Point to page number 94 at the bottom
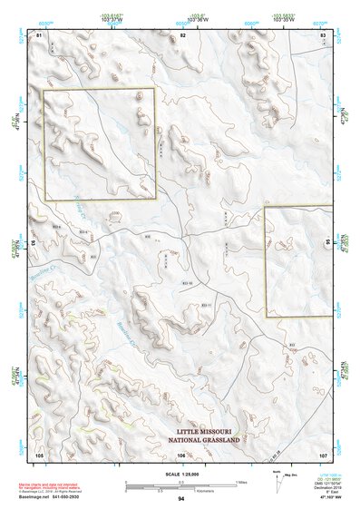pos(181,499)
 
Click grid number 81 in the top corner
pos(39,34)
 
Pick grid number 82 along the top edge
pos(182,34)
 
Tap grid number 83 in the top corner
pos(324,34)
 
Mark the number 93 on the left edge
pos(35,243)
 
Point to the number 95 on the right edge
pos(327,243)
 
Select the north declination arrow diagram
pos(275,478)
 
